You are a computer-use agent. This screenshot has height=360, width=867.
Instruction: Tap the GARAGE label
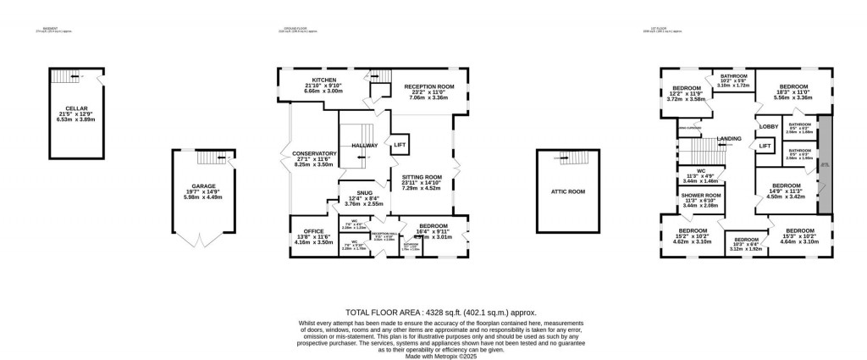pos(201,188)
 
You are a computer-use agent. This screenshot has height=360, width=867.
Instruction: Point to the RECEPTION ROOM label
pos(428,86)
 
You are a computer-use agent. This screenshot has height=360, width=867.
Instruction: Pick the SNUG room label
pos(364,192)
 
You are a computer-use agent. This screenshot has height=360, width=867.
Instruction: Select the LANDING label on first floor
pos(729,138)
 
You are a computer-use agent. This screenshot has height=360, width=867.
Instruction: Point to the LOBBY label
pos(768,127)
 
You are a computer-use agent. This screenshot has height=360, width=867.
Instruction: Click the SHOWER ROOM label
pos(700,196)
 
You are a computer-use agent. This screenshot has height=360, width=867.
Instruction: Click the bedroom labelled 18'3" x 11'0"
pos(793,86)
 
